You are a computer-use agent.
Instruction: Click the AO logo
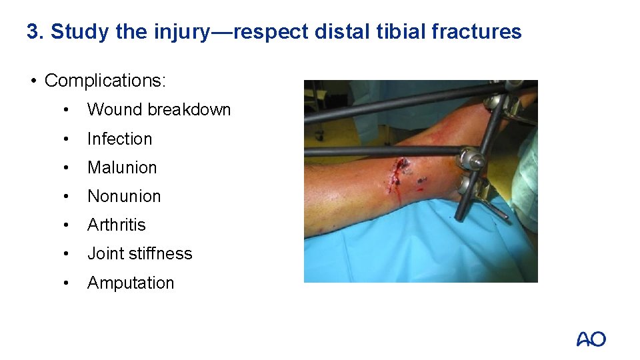(591, 339)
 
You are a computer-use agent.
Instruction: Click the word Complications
(104, 81)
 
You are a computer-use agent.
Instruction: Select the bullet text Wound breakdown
(159, 110)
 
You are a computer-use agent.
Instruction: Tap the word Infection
(119, 139)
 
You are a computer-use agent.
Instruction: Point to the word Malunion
(122, 167)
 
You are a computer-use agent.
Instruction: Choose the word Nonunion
(124, 196)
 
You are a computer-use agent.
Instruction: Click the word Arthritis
(116, 225)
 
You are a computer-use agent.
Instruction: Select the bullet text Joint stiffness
(139, 253)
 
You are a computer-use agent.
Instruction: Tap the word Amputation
(131, 283)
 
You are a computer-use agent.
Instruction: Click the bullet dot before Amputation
(65, 283)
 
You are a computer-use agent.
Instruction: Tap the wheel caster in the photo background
(319, 135)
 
